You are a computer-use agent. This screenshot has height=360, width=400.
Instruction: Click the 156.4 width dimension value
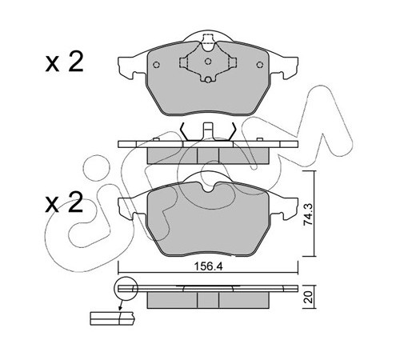point(208,266)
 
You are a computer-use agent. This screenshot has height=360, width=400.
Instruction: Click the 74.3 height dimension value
point(309,214)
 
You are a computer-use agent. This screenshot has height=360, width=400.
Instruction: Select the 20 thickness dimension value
point(309,297)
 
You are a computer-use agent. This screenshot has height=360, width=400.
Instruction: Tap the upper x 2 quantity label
point(64,62)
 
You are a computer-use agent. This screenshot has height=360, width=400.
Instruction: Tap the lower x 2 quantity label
point(64,202)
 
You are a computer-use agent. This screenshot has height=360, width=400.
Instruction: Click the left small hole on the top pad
point(157,65)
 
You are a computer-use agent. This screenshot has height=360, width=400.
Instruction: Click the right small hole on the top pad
point(259,65)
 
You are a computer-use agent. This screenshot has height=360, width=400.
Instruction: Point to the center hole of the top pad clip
point(208,62)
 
